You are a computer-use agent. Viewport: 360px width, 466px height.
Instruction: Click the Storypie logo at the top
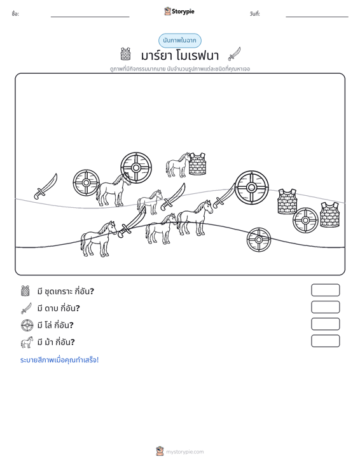[179, 11]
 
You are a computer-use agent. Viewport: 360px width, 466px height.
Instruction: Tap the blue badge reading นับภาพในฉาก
[179, 41]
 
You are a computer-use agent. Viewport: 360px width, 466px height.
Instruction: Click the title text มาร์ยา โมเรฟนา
[180, 55]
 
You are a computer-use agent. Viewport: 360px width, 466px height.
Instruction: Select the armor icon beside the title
[125, 54]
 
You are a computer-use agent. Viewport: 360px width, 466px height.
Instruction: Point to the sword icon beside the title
[234, 54]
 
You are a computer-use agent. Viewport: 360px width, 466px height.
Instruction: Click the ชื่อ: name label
[15, 14]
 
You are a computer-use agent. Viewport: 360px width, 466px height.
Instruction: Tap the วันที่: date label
[255, 14]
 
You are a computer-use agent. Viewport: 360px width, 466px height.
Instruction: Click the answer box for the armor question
[325, 290]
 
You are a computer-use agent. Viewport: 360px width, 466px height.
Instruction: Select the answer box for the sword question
[325, 307]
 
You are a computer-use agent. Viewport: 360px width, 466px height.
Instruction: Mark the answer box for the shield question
[325, 324]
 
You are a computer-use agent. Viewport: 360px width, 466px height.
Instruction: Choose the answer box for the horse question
[325, 341]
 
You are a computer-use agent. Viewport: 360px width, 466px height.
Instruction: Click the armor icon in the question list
[25, 291]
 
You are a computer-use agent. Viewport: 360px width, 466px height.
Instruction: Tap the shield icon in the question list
[27, 325]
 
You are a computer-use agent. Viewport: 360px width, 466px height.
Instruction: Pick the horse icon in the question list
[27, 342]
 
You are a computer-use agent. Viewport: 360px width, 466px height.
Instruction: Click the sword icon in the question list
[26, 308]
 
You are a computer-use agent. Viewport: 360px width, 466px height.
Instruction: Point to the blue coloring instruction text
[59, 360]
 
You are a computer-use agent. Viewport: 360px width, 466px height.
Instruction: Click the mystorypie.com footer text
[184, 452]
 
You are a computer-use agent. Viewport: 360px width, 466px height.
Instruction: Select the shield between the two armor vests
[305, 220]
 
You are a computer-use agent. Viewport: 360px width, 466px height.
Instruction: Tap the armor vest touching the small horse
[197, 164]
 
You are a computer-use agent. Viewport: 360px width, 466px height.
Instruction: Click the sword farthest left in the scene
[46, 186]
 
